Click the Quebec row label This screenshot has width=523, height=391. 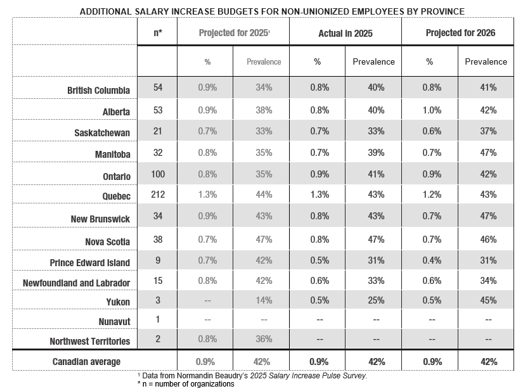(116, 196)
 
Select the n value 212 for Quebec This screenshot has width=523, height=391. (158, 195)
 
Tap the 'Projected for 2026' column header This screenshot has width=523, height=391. (460, 33)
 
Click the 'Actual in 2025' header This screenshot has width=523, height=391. (345, 34)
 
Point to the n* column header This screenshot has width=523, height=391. (158, 33)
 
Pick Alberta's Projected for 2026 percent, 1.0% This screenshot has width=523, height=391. (432, 110)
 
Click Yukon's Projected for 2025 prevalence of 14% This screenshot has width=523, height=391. (264, 300)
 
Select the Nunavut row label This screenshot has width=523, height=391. (114, 322)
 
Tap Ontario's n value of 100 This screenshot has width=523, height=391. (158, 174)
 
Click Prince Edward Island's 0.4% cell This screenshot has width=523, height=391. (432, 260)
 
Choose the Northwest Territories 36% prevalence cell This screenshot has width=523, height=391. (264, 339)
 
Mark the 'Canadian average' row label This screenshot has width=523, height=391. (86, 362)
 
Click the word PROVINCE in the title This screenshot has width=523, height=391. (442, 11)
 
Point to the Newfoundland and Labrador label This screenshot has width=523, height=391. (76, 283)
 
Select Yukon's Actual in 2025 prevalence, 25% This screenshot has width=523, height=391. (376, 300)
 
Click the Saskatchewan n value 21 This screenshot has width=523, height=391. (158, 131)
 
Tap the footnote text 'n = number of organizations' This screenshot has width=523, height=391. (188, 384)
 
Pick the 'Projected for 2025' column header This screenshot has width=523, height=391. (234, 33)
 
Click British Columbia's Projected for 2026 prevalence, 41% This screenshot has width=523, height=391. (488, 87)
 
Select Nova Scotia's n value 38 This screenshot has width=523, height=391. (158, 240)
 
